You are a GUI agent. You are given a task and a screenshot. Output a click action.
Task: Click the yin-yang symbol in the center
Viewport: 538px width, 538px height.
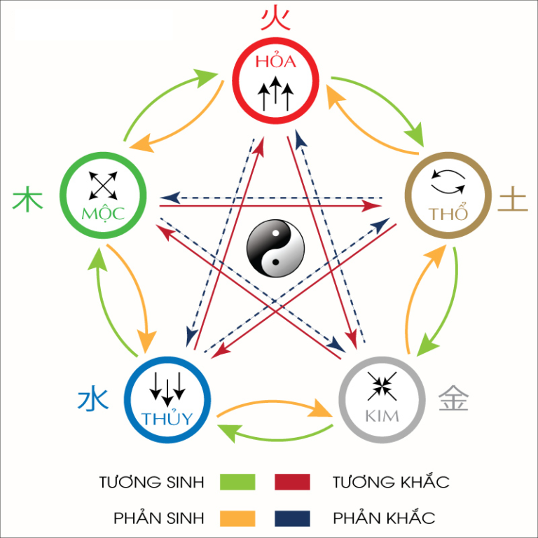click(275, 248)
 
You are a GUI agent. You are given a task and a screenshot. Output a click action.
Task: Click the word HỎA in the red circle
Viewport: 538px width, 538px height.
click(275, 61)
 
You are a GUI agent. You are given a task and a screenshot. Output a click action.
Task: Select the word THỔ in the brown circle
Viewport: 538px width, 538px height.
click(448, 214)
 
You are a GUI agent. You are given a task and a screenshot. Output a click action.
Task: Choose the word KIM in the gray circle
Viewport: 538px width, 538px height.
click(382, 416)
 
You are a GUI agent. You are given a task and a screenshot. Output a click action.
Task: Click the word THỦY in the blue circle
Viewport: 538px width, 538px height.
click(167, 419)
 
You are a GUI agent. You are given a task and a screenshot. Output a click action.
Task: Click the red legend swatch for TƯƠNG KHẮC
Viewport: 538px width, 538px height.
click(292, 482)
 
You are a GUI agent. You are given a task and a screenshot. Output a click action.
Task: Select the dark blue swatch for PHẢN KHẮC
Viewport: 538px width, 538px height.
click(292, 518)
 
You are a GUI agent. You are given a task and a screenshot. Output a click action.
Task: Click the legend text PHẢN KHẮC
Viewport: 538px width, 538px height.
click(384, 518)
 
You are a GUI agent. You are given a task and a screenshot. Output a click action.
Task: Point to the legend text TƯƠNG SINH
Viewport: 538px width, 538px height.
click(152, 482)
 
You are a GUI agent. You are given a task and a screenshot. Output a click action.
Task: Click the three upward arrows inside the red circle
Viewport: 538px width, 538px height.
click(275, 95)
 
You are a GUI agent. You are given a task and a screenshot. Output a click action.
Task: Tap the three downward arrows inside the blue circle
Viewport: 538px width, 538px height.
click(167, 387)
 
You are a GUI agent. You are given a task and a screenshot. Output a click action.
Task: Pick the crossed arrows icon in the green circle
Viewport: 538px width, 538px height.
click(103, 185)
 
